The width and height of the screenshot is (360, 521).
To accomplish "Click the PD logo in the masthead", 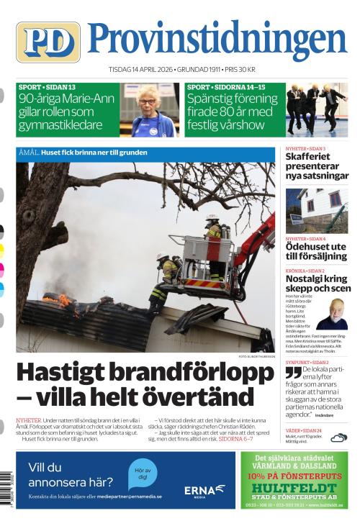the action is coord(48,42).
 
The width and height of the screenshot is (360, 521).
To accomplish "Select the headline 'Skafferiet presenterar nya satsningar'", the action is coord(315,166).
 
